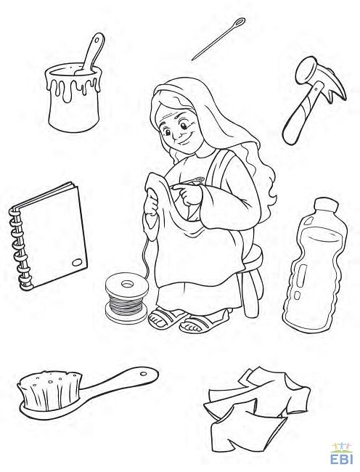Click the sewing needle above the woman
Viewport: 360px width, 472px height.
(218, 38)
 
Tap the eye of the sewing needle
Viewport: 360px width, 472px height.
(240, 22)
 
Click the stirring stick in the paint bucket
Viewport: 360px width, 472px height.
(91, 54)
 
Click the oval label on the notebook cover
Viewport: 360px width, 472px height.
(78, 262)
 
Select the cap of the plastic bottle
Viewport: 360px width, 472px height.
(327, 208)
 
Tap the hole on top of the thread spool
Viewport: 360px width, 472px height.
(127, 283)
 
